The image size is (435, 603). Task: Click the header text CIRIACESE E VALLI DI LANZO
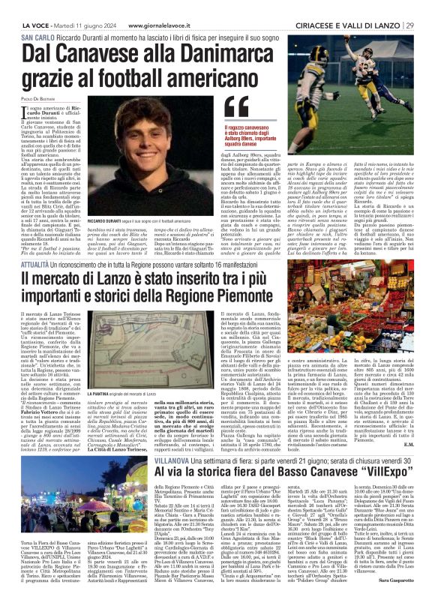coord(356,6)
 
